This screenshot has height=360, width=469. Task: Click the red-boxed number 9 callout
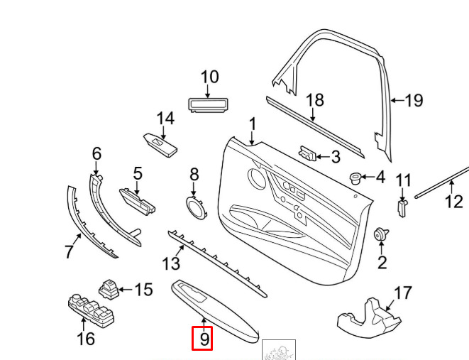[202, 339]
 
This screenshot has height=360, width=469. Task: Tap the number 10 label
[210, 77]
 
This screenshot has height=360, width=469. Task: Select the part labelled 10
[208, 105]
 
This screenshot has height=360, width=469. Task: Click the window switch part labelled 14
[160, 145]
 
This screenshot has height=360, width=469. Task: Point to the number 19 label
[414, 100]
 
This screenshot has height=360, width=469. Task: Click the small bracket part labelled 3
[307, 153]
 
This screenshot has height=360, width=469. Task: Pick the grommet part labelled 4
[355, 178]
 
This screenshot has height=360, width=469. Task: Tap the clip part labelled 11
[402, 208]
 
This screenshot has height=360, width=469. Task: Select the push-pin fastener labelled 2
[381, 234]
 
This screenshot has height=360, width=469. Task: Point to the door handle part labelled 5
[138, 202]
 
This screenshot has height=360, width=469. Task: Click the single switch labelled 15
[109, 290]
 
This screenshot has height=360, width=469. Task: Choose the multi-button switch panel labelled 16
[92, 311]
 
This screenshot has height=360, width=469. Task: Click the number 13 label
[171, 264]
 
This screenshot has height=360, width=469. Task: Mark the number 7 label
[69, 251]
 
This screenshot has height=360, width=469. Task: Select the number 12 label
[454, 202]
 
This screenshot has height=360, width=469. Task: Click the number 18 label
[315, 100]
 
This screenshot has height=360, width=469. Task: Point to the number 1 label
[253, 124]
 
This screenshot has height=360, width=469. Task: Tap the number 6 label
[96, 154]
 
